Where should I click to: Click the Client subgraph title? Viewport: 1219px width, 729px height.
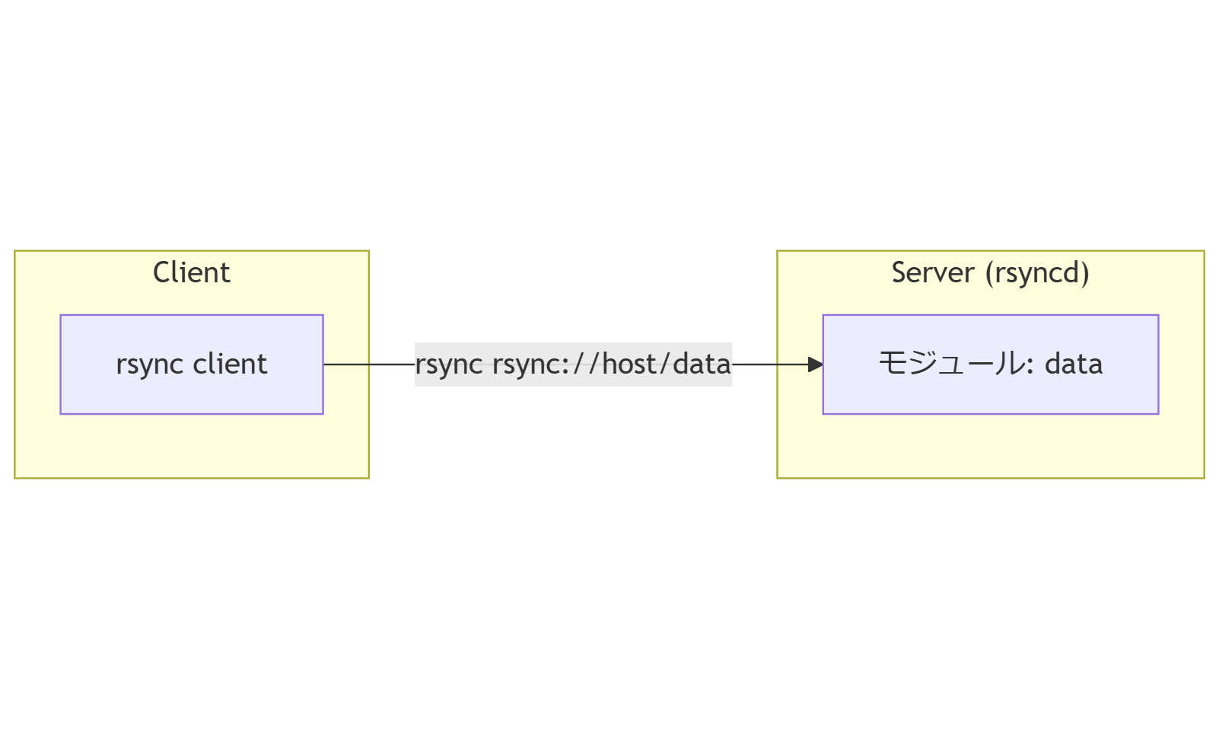click(191, 272)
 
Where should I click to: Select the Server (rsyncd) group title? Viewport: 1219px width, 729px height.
click(990, 272)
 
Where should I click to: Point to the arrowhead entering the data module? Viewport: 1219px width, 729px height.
click(816, 364)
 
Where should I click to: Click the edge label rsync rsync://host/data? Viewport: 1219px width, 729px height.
click(573, 364)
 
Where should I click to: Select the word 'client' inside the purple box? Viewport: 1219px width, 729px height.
click(230, 364)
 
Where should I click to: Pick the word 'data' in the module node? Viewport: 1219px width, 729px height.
click(1074, 364)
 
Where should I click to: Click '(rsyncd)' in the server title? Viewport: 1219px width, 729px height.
click(1037, 272)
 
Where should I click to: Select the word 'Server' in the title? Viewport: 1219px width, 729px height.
click(933, 272)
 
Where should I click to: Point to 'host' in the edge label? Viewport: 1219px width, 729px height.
click(629, 364)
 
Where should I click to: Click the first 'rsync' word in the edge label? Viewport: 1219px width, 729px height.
click(449, 364)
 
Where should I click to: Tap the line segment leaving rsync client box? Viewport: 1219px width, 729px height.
click(369, 364)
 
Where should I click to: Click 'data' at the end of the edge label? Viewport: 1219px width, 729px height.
click(701, 364)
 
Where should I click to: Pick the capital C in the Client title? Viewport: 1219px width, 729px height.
click(161, 272)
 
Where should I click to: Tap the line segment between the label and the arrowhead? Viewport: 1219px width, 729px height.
click(769, 364)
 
